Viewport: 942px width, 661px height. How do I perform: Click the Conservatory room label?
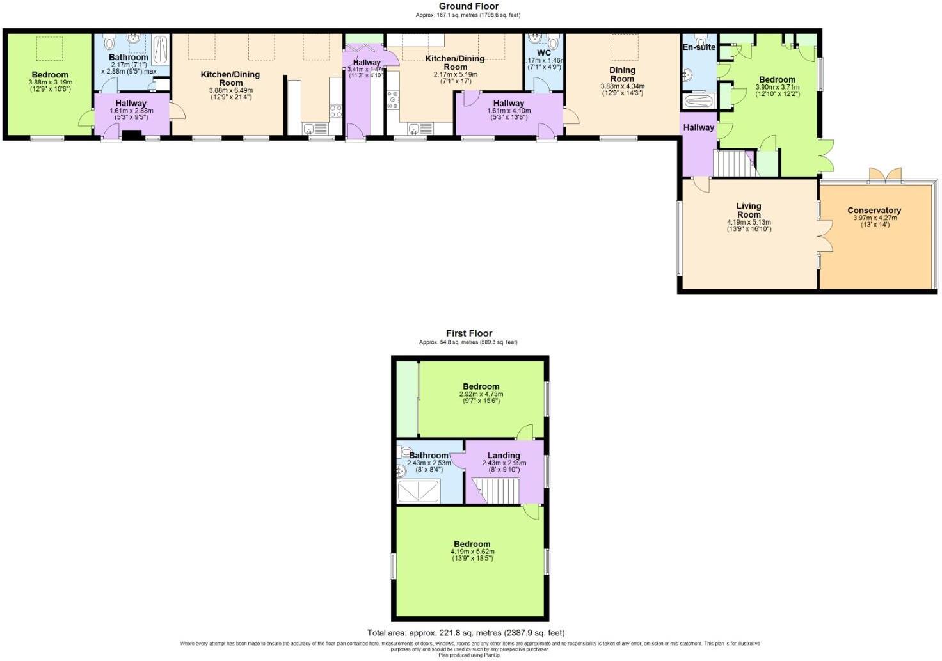pyautogui.click(x=874, y=211)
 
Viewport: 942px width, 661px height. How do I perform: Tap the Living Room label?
pyautogui.click(x=748, y=210)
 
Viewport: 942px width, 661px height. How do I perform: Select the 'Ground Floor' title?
pyautogui.click(x=468, y=6)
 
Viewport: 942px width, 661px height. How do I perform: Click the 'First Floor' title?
pyautogui.click(x=468, y=333)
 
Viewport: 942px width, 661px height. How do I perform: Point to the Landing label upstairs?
pyautogui.click(x=504, y=456)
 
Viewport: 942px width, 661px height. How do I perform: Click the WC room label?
pyautogui.click(x=544, y=53)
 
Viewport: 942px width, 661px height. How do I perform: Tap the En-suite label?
pyautogui.click(x=699, y=47)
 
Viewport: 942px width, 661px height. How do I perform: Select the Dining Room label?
pyautogui.click(x=622, y=74)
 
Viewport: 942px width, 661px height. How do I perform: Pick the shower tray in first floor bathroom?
pyautogui.click(x=419, y=491)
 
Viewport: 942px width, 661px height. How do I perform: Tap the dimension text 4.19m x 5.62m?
pyautogui.click(x=472, y=552)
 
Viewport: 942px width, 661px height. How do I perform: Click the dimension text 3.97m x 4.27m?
pyautogui.click(x=874, y=218)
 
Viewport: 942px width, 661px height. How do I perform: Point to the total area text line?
pyautogui.click(x=466, y=633)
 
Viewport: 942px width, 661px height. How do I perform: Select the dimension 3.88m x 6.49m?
pyautogui.click(x=230, y=91)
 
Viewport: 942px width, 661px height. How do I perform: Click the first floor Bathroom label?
pyautogui.click(x=428, y=456)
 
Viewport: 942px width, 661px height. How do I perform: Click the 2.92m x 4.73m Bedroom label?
pyautogui.click(x=481, y=386)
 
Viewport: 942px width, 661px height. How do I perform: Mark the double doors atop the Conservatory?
pyautogui.click(x=885, y=175)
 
